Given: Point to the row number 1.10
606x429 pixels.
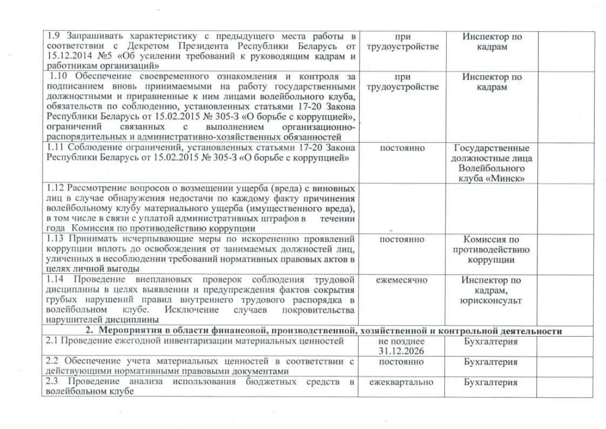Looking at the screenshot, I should [x=60, y=77].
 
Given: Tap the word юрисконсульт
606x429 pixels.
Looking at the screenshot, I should [x=491, y=301].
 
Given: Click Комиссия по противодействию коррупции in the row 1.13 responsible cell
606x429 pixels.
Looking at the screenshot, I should [x=491, y=250].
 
